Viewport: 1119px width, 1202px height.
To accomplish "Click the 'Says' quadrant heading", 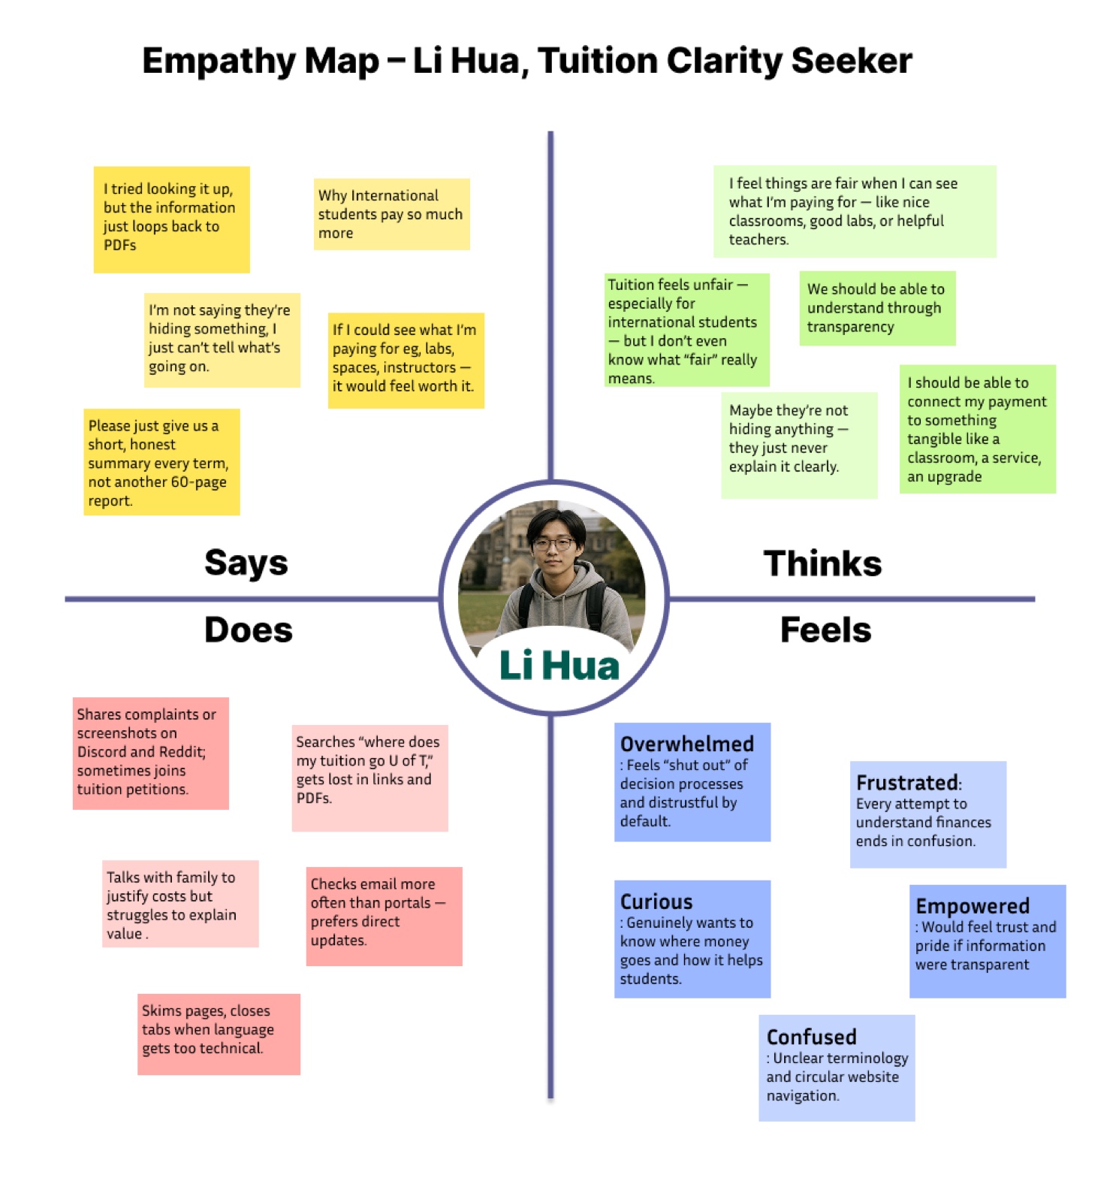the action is [x=246, y=563].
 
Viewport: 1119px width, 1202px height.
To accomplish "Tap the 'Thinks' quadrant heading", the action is [x=822, y=563].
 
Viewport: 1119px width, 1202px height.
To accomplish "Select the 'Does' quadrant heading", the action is [x=249, y=630].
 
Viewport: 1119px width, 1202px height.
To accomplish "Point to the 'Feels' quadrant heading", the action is [x=825, y=630].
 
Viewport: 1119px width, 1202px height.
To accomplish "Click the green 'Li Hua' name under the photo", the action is [x=559, y=666].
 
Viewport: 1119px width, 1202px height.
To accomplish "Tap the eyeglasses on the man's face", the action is [x=553, y=543].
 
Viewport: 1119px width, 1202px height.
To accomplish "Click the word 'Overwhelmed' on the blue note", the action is [x=687, y=744].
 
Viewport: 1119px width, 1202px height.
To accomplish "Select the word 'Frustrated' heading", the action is [x=908, y=783].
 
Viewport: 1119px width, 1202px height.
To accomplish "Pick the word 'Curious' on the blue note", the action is [x=656, y=901].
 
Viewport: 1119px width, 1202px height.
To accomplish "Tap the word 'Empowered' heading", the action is [x=973, y=906].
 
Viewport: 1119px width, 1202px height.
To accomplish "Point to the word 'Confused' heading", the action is [x=812, y=1037].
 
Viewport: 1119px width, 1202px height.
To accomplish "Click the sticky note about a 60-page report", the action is [x=161, y=462].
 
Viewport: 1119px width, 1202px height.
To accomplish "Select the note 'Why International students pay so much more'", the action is [x=391, y=214].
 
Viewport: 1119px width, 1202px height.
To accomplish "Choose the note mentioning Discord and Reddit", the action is [x=150, y=754].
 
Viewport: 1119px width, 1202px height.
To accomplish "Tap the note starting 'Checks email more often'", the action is [x=384, y=917].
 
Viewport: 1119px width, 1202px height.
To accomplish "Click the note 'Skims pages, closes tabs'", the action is [x=219, y=1034].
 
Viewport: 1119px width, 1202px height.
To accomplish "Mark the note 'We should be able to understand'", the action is [x=877, y=308].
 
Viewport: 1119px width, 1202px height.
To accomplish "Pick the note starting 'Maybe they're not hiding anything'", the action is [x=799, y=445].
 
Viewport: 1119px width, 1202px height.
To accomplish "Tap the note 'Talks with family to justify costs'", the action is [x=180, y=904].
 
